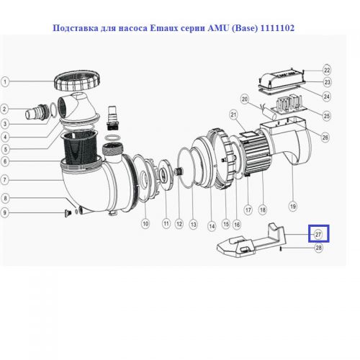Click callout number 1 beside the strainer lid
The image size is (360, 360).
(5, 81)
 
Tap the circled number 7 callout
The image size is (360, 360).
(5, 180)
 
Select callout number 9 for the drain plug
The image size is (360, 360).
(5, 212)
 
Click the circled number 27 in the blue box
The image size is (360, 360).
(318, 235)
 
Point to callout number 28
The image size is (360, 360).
(319, 248)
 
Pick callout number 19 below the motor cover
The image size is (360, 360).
(293, 206)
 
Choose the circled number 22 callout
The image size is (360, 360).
(327, 70)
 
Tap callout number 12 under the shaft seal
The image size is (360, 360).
(179, 224)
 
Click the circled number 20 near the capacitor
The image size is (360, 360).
(245, 99)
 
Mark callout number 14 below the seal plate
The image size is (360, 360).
(212, 226)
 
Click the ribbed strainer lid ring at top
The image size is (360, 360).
(77, 81)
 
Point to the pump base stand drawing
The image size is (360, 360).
(251, 241)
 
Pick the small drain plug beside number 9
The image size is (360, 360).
(67, 213)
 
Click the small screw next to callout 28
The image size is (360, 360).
(281, 249)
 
